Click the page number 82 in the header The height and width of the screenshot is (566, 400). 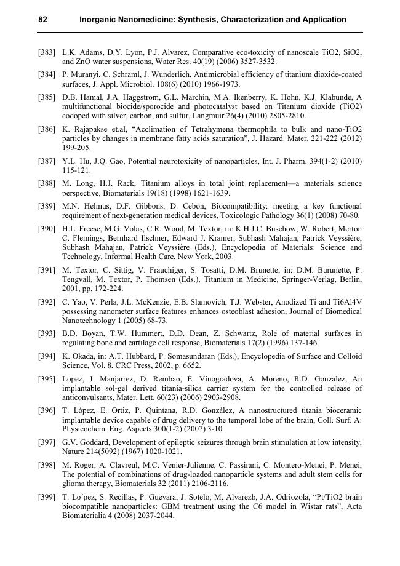[43, 20]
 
